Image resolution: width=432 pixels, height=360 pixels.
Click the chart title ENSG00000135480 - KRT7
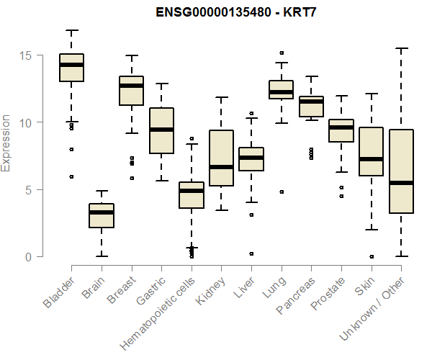click(237, 12)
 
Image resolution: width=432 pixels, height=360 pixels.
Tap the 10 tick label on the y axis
click(27, 122)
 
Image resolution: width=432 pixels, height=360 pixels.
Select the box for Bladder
click(71, 68)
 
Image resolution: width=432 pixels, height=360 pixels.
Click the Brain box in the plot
click(102, 216)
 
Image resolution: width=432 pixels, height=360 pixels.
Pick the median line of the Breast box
click(131, 86)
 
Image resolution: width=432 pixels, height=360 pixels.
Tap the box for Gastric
click(161, 130)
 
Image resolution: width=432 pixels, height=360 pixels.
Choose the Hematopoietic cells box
click(192, 195)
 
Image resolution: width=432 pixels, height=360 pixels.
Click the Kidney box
click(221, 158)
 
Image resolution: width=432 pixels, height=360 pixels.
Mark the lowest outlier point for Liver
click(251, 253)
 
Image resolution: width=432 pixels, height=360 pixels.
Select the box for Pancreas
click(311, 106)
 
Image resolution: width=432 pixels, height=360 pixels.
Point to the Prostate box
click(341, 130)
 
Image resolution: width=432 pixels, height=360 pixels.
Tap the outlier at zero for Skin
click(372, 256)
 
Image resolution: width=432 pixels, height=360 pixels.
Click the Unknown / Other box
click(401, 171)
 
